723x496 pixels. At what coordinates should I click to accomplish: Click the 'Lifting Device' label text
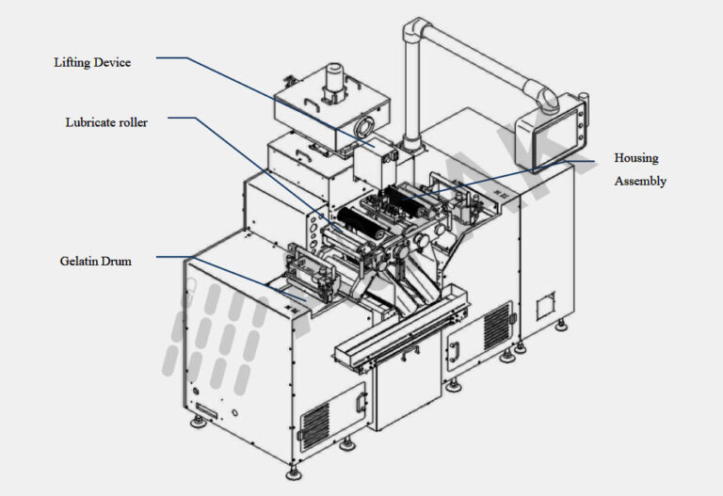(x=91, y=63)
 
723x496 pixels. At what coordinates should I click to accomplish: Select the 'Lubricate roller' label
(x=105, y=122)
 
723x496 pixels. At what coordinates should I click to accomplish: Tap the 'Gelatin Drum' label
(x=95, y=261)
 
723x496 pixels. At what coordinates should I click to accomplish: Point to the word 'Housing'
(x=635, y=158)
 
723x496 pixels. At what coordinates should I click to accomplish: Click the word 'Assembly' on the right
(x=639, y=181)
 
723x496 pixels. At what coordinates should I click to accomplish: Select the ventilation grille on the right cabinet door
(x=497, y=326)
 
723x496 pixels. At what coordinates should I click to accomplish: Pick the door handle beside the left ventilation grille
(x=360, y=403)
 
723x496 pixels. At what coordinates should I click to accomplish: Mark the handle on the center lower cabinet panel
(x=454, y=349)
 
